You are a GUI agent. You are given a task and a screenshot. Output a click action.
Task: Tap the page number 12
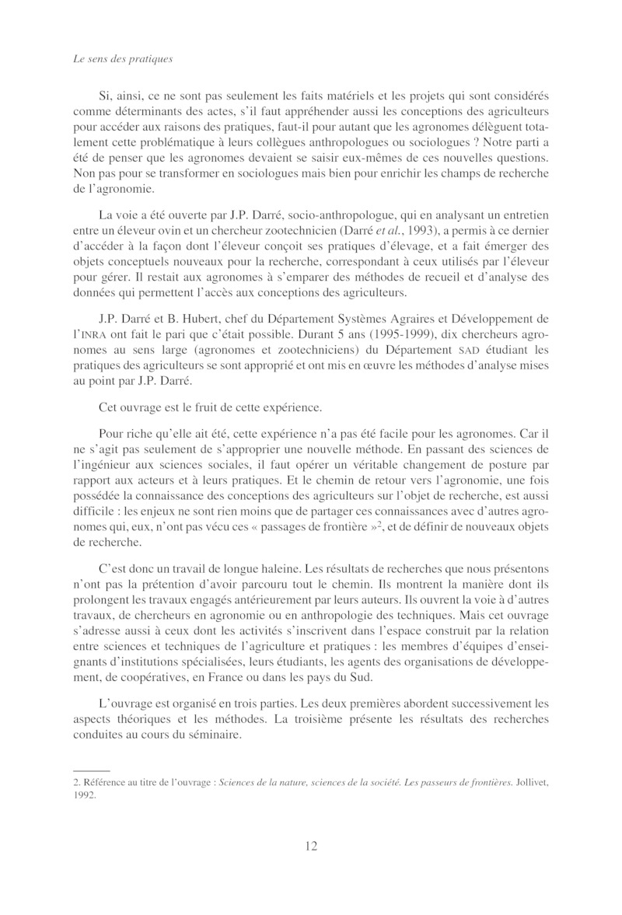310,847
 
